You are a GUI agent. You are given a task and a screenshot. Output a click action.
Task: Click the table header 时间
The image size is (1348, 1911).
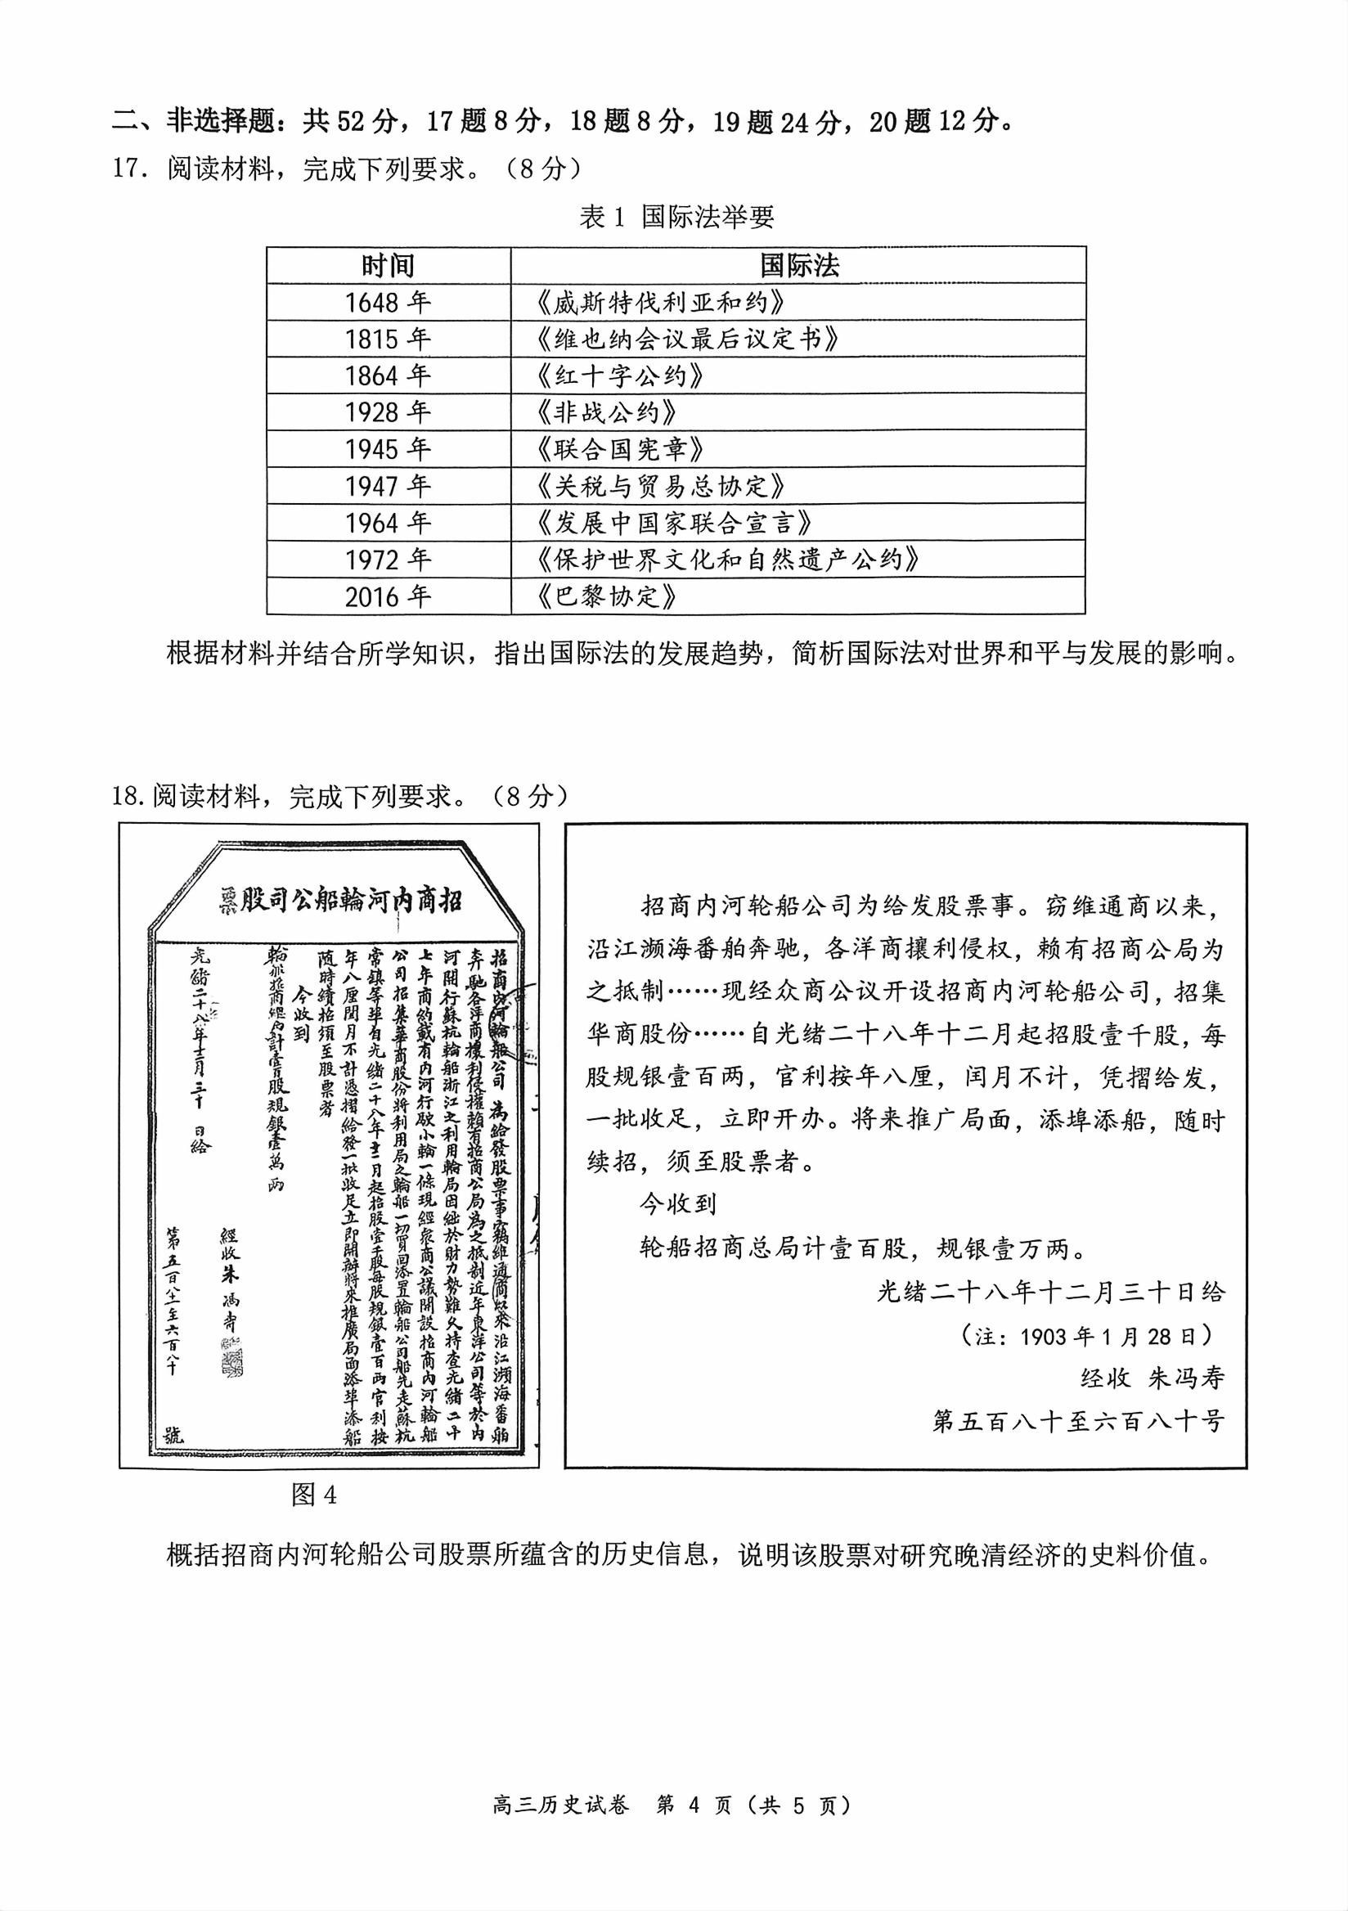pyautogui.click(x=388, y=266)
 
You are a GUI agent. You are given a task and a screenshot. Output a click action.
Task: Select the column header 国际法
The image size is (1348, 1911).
pyautogui.click(x=798, y=266)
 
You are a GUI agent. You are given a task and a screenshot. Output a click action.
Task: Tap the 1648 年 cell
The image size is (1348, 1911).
pyautogui.click(x=388, y=302)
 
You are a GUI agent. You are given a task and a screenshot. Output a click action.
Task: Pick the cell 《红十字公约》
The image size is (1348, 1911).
pyautogui.click(x=621, y=376)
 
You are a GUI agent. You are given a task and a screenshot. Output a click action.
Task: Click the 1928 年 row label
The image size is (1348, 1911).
pyautogui.click(x=388, y=413)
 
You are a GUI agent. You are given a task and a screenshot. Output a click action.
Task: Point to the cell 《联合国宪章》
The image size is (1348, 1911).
pyautogui.click(x=621, y=449)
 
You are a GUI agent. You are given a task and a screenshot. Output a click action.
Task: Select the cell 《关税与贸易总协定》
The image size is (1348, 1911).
pyautogui.click(x=662, y=486)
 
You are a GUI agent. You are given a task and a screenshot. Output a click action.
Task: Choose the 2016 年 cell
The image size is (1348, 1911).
pyautogui.click(x=388, y=596)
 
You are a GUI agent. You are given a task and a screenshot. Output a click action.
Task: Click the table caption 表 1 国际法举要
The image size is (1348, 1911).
pyautogui.click(x=676, y=218)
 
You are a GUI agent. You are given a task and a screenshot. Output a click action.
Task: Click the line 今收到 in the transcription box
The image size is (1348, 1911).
pyautogui.click(x=677, y=1204)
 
